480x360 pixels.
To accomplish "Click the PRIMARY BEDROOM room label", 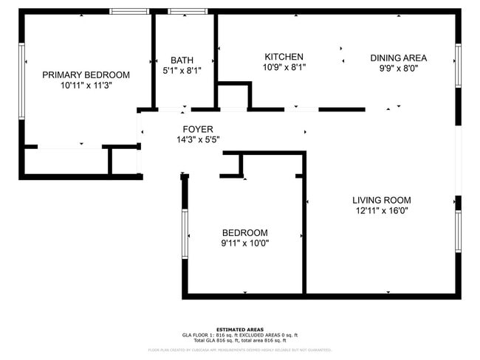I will pos(86,75).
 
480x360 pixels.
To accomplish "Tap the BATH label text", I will pos(182,60).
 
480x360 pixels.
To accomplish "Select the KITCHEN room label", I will pos(284,57).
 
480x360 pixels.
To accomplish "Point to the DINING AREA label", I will pos(398,58).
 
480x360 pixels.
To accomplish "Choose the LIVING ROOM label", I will pos(381,200).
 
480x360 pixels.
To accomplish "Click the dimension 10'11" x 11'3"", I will pos(86,85).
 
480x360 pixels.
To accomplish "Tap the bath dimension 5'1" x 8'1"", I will pos(182,71).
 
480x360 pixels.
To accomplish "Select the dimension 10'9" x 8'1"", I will pos(284,67).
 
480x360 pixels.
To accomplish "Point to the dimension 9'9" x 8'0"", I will pos(398,68).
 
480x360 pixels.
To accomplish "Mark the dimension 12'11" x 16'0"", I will pos(381,210).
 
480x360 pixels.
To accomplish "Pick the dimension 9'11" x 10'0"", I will pos(244,243).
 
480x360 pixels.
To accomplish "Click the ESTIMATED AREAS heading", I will pos(240,329).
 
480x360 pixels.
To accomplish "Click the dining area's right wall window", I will pos(458,65).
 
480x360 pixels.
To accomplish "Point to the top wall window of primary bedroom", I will pos(130,12).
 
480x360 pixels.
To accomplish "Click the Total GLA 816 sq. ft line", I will pos(240,340).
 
